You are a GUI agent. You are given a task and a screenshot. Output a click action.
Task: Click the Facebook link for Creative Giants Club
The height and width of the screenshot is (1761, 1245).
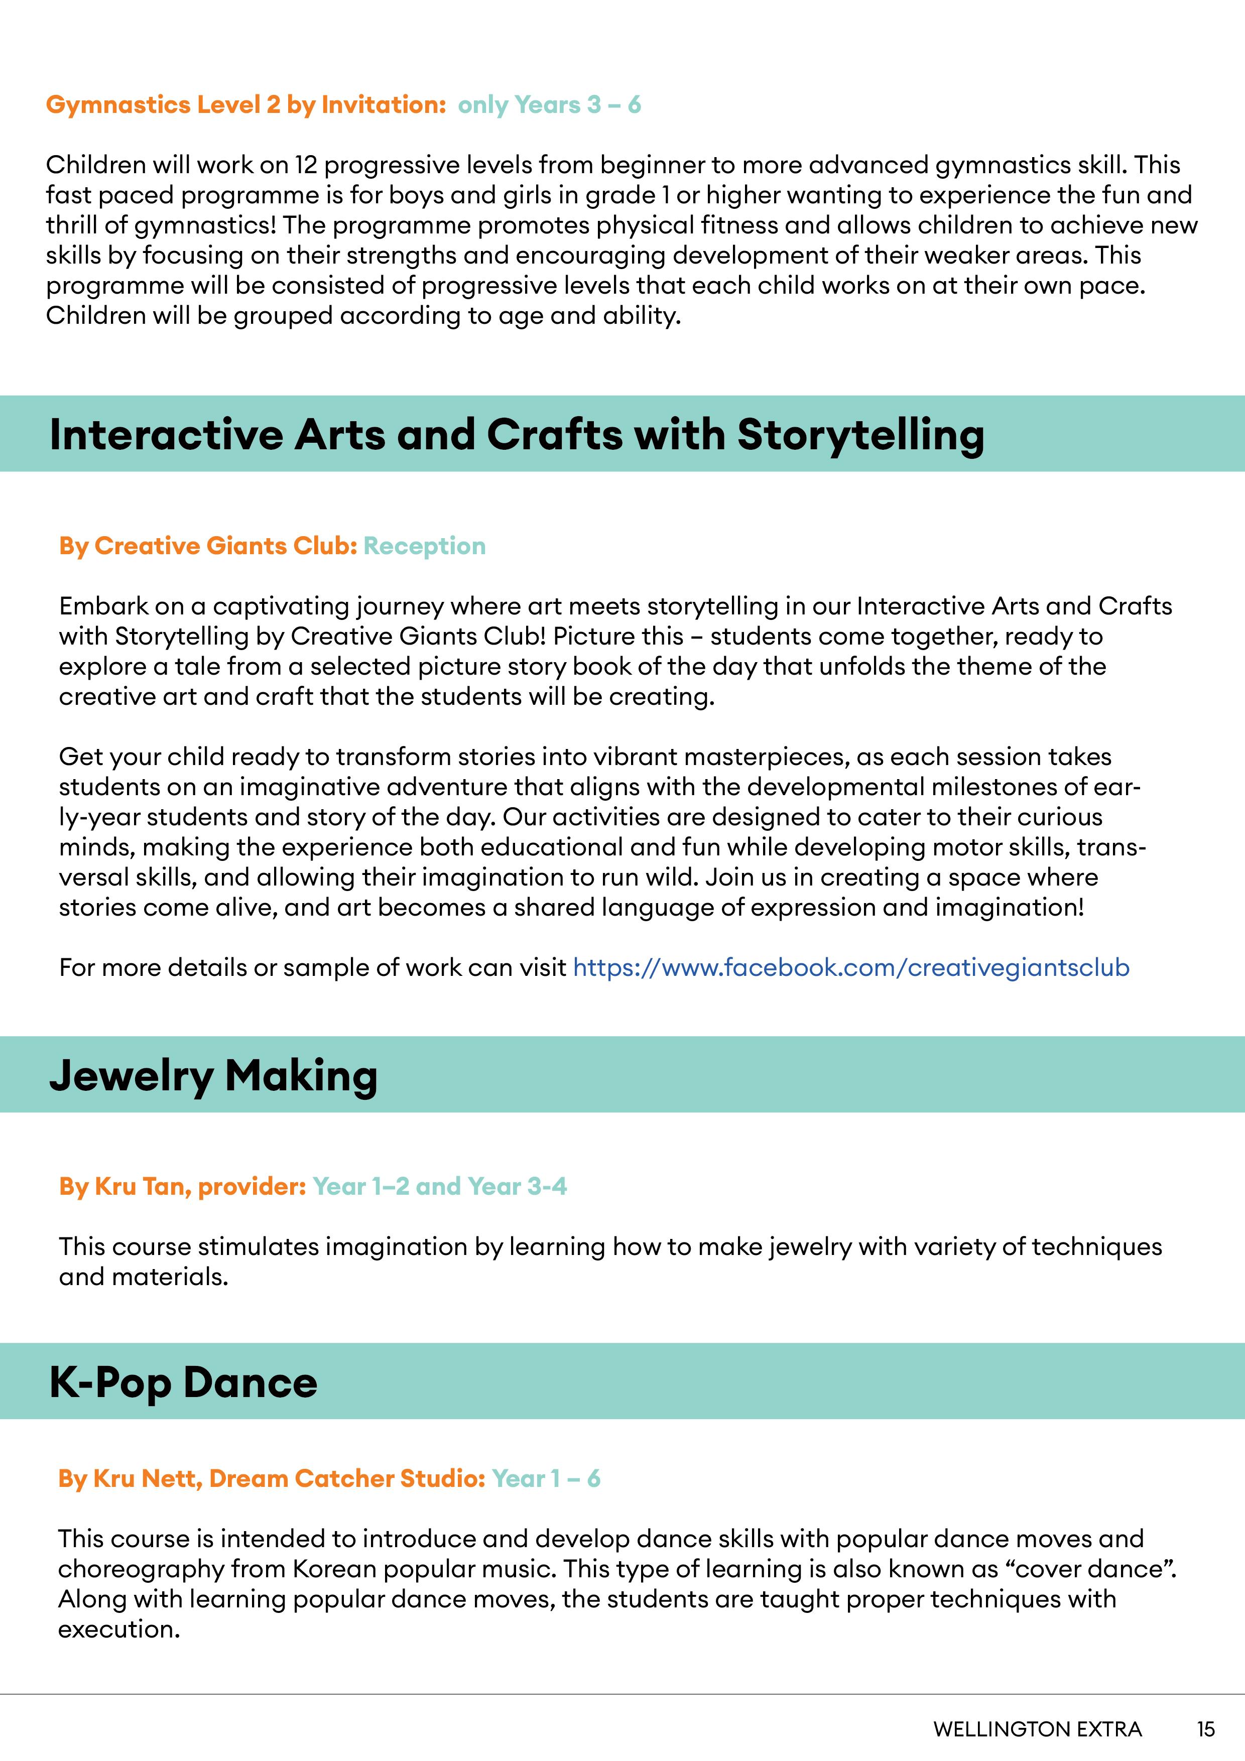(851, 967)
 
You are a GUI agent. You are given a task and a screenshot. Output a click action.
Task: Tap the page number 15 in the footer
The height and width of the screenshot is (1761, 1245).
(1205, 1729)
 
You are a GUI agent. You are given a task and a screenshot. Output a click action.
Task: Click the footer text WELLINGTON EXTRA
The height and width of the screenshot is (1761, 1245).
(1037, 1729)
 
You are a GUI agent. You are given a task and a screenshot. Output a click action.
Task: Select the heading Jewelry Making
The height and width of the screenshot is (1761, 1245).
(213, 1075)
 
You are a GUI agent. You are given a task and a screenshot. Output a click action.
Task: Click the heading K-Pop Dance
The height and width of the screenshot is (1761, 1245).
(183, 1382)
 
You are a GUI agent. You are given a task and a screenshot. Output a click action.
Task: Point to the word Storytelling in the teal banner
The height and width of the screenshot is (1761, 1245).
(860, 434)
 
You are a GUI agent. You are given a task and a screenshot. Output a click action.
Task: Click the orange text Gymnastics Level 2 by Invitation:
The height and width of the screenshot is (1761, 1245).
(245, 104)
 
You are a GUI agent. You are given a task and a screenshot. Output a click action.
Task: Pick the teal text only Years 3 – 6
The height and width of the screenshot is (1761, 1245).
(549, 104)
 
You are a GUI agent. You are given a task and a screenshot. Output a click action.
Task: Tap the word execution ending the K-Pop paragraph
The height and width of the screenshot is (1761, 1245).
(118, 1628)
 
